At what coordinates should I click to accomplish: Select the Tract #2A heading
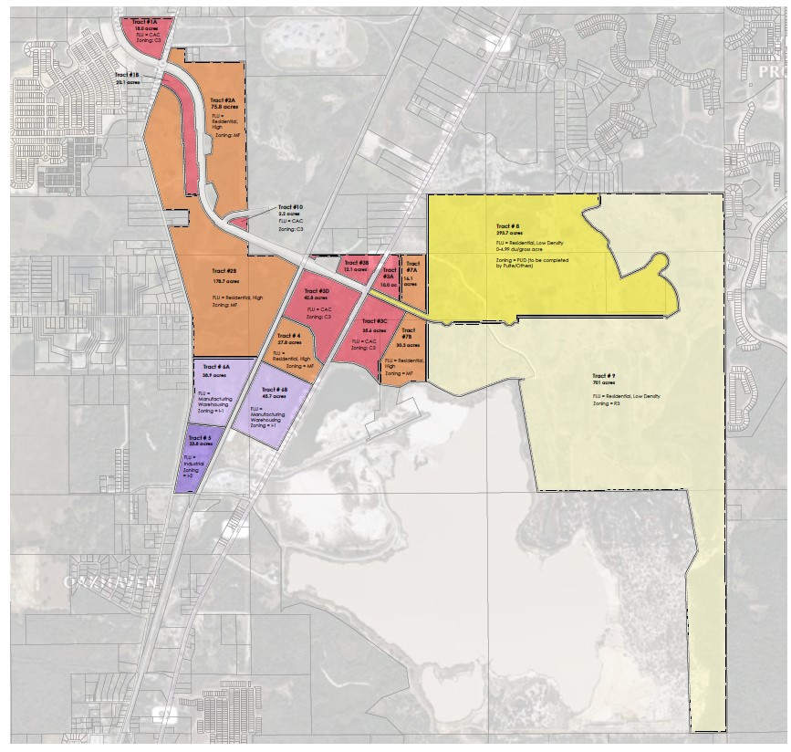coord(223,99)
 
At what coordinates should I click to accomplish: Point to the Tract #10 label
coord(291,207)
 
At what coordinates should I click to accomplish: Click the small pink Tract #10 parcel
coord(237,222)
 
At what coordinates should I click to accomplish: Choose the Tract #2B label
coord(225,271)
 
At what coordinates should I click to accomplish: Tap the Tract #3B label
coord(357,262)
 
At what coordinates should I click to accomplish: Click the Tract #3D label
coord(317,290)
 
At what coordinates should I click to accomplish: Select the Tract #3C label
coord(375,322)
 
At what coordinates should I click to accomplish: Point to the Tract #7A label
coord(412,266)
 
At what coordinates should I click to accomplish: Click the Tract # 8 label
coord(508,225)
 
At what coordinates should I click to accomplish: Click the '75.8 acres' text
coord(223,109)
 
